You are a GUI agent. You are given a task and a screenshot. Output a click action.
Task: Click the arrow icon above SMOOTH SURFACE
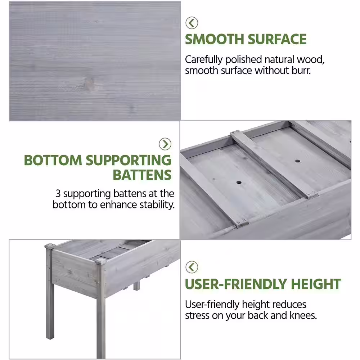(x=192, y=23)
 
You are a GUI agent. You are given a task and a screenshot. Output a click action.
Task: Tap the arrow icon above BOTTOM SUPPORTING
(x=165, y=144)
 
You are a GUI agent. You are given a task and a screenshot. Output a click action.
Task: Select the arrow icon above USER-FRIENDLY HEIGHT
(x=192, y=267)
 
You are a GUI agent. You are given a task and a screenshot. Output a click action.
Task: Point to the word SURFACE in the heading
(x=277, y=39)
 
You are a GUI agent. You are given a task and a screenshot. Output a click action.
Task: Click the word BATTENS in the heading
(x=142, y=175)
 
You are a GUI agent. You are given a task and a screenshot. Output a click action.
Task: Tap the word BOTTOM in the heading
(x=53, y=160)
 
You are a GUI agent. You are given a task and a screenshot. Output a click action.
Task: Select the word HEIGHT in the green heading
(x=316, y=284)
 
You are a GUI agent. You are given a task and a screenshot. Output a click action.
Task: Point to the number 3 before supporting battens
(x=58, y=194)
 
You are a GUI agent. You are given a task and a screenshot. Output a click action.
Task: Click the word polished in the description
(x=243, y=60)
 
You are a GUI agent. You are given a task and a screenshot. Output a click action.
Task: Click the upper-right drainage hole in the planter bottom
(x=298, y=161)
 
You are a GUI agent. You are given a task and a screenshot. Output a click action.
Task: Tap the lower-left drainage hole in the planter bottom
(x=239, y=183)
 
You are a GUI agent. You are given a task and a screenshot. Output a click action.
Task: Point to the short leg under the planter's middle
(x=136, y=286)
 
